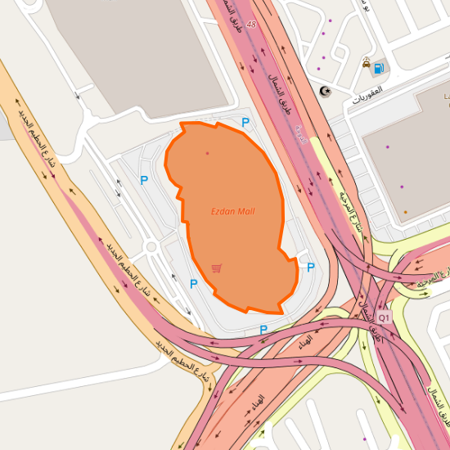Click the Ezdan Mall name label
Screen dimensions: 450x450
tap(233, 212)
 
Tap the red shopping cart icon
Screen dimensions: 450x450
tap(216, 268)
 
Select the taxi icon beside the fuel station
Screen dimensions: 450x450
tap(367, 61)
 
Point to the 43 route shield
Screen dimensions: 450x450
tap(251, 25)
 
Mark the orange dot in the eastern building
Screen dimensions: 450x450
tap(405, 213)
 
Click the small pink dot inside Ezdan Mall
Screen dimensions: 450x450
tap(207, 153)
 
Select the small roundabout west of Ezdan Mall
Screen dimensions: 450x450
tap(150, 246)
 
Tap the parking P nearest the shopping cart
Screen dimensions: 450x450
tap(194, 284)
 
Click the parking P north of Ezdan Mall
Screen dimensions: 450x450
tap(245, 123)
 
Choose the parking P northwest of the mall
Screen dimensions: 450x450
tap(144, 180)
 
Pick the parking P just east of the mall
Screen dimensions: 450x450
tap(310, 267)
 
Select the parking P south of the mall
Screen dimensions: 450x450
tap(263, 330)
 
